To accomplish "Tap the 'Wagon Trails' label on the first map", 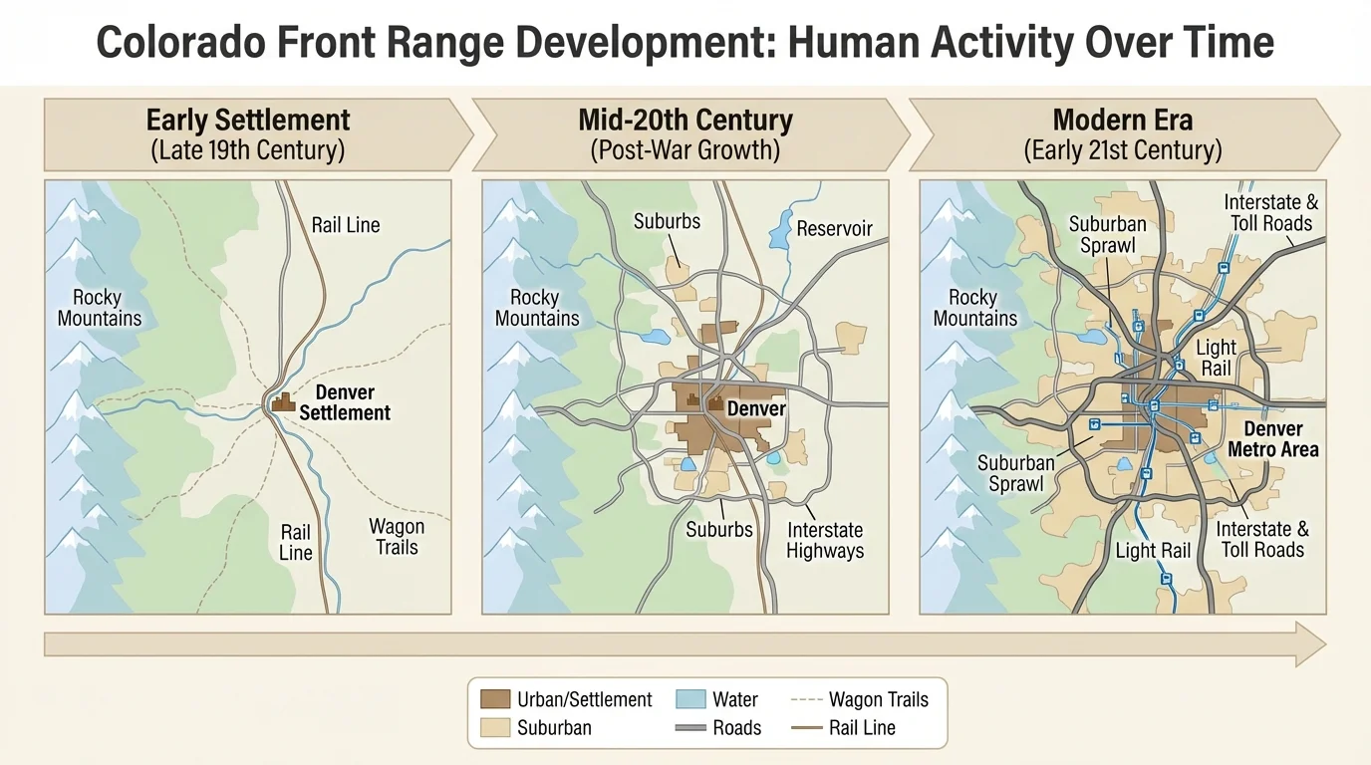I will coord(397,537).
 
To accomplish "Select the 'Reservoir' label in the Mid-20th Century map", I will coord(834,229).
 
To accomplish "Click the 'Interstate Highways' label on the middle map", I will coord(824,540).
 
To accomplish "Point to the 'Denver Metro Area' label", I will coord(1272,439).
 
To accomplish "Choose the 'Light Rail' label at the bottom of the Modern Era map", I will coord(1153,551).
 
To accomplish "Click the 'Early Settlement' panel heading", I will coord(248,121).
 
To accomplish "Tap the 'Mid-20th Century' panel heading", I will coord(685,121).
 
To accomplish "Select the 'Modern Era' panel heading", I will coord(1123,121).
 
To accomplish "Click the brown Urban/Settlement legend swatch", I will coord(495,699).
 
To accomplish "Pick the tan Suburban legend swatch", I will coord(495,727).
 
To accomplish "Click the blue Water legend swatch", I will coord(689,699).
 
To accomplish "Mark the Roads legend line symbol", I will coord(689,728).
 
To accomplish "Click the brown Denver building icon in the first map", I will coord(284,402).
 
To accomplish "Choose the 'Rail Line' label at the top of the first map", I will coord(346,225).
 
